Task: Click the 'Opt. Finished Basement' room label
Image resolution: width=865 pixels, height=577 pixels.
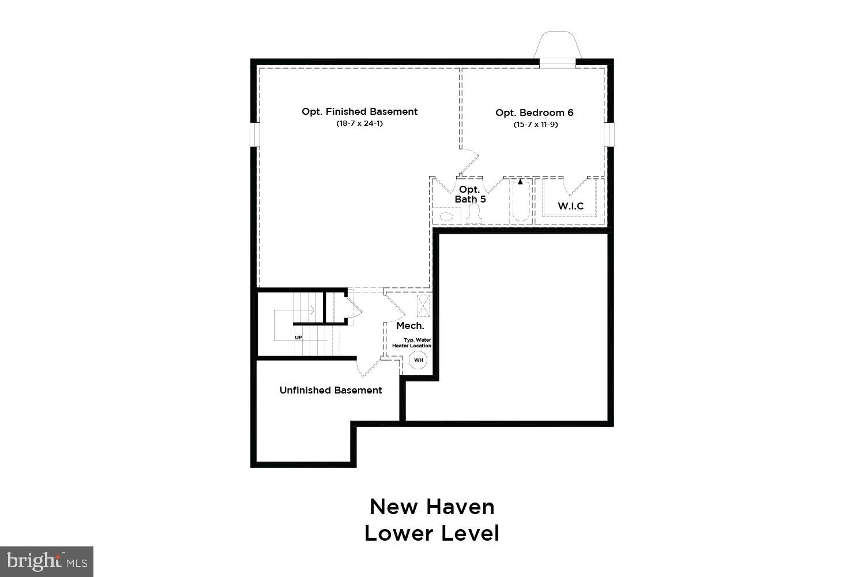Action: (x=359, y=111)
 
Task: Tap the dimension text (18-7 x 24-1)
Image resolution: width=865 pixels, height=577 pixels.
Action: (x=359, y=123)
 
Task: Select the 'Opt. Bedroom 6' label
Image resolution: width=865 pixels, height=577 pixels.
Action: (x=535, y=113)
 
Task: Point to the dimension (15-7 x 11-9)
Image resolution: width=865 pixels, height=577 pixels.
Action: (x=535, y=125)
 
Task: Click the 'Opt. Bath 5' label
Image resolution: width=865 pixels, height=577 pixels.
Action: (x=470, y=194)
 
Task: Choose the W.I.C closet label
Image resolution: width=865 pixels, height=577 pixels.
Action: (x=570, y=206)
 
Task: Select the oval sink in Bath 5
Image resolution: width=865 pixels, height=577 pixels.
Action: (x=446, y=216)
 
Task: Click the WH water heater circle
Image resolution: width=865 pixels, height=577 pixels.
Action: (x=419, y=360)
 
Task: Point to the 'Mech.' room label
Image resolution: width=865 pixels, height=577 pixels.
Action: (x=410, y=326)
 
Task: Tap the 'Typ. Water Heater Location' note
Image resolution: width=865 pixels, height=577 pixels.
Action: (x=416, y=343)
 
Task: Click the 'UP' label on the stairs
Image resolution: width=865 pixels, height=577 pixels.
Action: (x=298, y=338)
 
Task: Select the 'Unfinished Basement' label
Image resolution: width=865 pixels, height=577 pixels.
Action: (x=330, y=390)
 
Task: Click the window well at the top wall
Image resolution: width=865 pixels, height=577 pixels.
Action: (x=557, y=46)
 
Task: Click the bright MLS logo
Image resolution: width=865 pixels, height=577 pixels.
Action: (x=46, y=561)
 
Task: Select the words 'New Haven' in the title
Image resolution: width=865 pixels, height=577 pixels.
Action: (x=432, y=507)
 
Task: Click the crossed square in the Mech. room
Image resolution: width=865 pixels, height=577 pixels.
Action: (x=423, y=305)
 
